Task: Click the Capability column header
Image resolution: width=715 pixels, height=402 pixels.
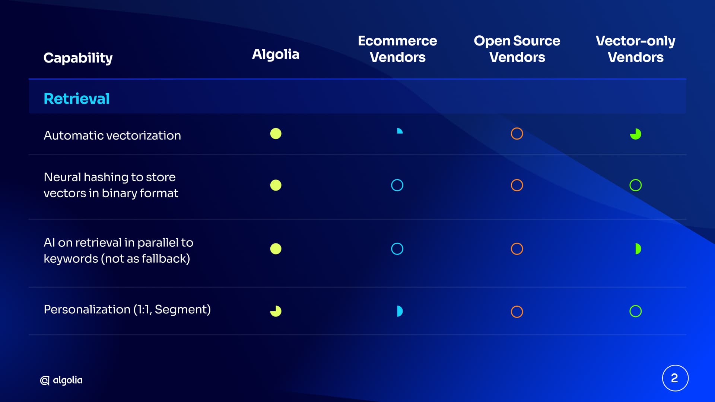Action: click(x=78, y=58)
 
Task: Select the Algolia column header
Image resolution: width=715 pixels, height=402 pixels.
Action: click(x=276, y=54)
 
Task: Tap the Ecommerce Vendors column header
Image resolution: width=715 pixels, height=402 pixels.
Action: click(x=397, y=49)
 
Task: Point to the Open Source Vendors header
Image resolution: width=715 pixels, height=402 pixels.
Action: click(x=517, y=49)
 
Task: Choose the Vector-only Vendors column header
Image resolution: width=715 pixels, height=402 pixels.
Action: click(x=635, y=49)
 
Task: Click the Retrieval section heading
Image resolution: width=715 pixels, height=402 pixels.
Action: click(x=77, y=99)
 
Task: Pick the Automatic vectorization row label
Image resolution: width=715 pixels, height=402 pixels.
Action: click(x=112, y=135)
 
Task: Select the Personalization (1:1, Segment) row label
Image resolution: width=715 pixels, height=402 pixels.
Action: click(x=127, y=309)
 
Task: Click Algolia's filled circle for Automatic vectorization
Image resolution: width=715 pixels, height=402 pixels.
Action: click(x=276, y=134)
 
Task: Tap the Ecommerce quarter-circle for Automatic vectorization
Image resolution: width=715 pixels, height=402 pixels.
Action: click(x=400, y=131)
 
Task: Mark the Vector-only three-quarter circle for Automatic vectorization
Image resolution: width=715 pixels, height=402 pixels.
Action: click(x=636, y=134)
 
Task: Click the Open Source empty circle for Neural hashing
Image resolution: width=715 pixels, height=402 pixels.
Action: click(x=517, y=179)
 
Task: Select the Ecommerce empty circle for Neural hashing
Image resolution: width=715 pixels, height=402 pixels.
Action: click(x=397, y=179)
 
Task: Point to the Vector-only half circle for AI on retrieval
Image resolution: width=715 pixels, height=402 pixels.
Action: click(x=638, y=249)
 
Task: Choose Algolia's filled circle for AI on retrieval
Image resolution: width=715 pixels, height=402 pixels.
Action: click(x=276, y=249)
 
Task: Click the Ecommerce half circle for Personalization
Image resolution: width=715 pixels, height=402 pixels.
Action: click(x=400, y=311)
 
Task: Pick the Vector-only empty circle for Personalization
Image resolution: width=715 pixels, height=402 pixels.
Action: click(x=636, y=306)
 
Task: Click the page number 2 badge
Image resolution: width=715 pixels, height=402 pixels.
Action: click(x=675, y=378)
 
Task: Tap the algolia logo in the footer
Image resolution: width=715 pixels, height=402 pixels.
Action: click(x=61, y=380)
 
